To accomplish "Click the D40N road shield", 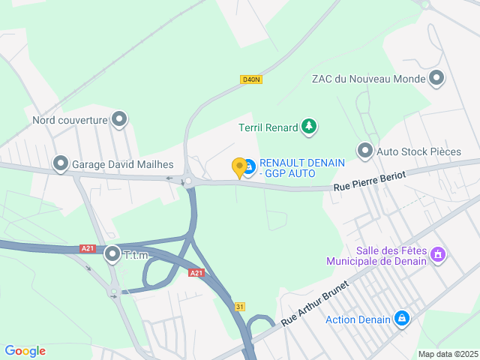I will [251, 79].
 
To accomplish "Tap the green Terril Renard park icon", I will [308, 127].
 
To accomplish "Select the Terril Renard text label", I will [268, 127].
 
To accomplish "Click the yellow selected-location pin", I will [239, 167].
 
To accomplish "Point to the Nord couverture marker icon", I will [119, 118].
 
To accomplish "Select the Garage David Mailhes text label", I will [123, 164].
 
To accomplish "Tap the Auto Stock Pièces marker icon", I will [365, 151].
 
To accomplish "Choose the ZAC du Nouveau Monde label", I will [368, 79].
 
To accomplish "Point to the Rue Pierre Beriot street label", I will [370, 181].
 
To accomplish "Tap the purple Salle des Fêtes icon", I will [439, 255].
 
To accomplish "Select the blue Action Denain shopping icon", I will [402, 319].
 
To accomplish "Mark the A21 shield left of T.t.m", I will [88, 249].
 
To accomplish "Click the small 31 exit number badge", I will [239, 307].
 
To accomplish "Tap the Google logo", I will [25, 351].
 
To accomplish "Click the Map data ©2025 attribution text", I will [447, 354].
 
